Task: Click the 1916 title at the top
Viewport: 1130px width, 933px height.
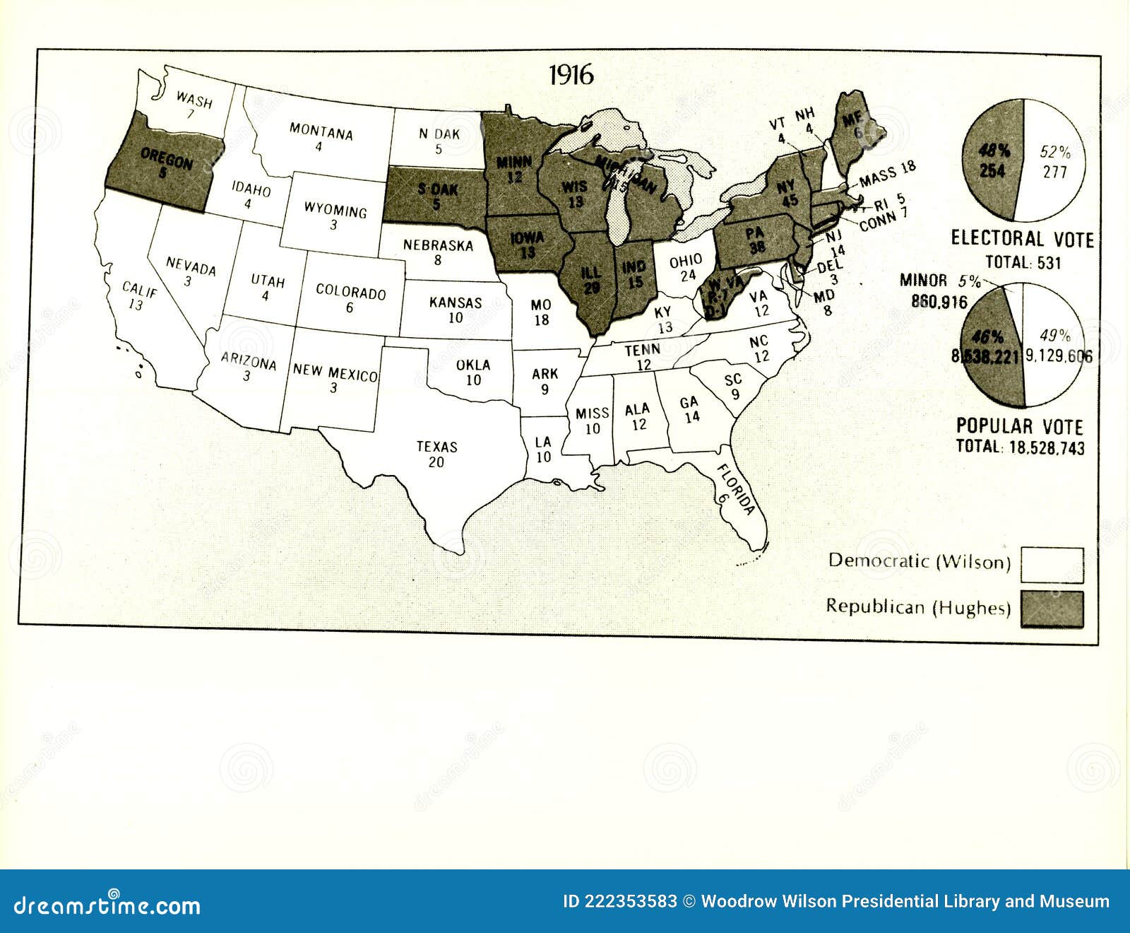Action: tap(571, 76)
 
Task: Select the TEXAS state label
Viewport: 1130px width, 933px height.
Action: tap(436, 447)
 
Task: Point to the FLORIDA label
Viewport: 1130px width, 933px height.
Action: tap(736, 489)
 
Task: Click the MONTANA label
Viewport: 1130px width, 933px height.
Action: tap(321, 131)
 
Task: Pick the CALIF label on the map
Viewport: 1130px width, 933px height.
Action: tap(139, 289)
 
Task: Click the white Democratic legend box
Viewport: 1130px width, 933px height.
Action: tap(1052, 564)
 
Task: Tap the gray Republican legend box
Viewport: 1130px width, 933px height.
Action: tap(1052, 609)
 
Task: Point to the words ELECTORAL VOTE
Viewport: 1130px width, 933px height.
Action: tap(1022, 238)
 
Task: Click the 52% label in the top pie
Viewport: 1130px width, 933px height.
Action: tap(1055, 152)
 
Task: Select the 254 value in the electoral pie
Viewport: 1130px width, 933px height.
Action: tap(992, 170)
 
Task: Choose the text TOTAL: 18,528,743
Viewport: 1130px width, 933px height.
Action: tap(1020, 447)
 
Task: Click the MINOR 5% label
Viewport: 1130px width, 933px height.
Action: tap(940, 281)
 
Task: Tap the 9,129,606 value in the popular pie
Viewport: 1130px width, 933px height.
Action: tap(1058, 356)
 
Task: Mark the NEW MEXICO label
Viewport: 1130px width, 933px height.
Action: tap(335, 372)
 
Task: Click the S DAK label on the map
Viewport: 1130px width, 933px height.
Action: tap(438, 189)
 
